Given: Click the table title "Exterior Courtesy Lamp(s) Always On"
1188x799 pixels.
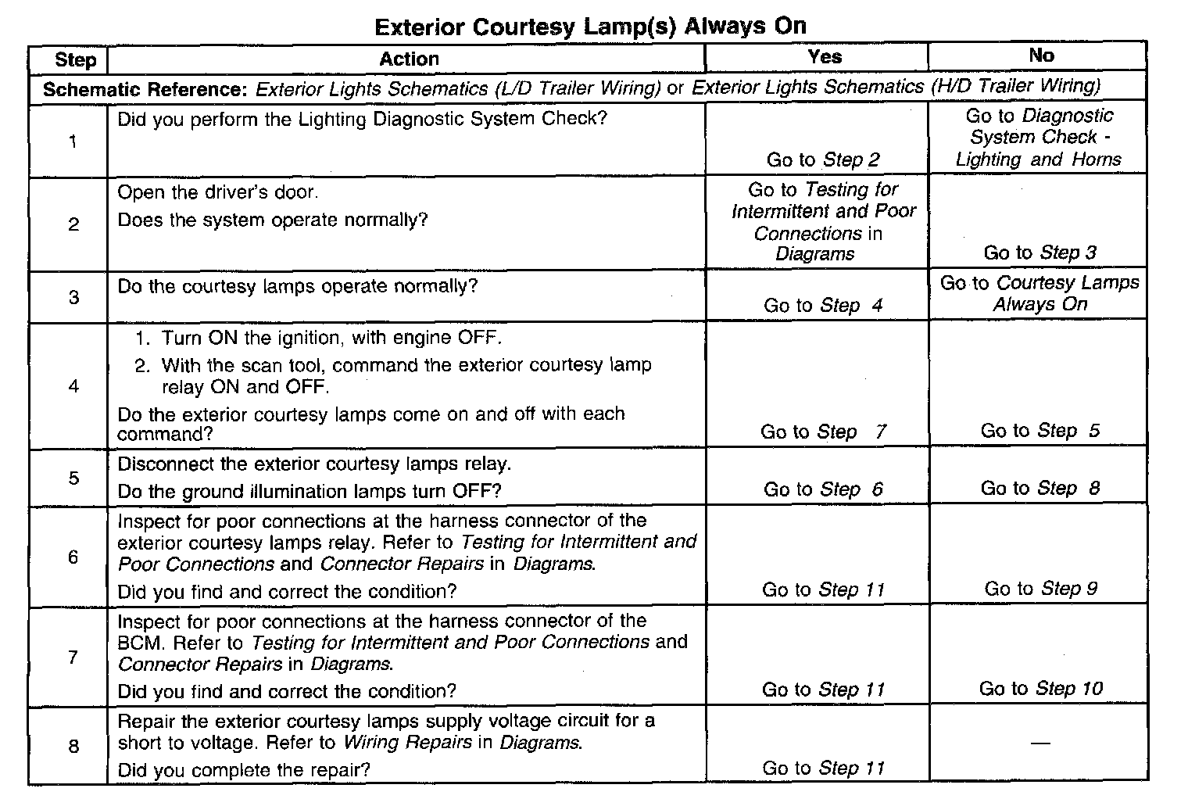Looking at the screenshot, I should click(590, 27).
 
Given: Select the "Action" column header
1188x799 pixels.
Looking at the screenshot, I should click(409, 59).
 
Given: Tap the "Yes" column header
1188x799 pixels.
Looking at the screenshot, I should click(825, 56).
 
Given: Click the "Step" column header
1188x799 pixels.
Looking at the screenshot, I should click(75, 60).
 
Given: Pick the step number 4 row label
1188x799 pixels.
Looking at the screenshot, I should click(73, 386).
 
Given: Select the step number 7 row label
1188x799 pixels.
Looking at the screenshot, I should click(73, 657).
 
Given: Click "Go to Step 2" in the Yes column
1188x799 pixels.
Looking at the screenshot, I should click(823, 160).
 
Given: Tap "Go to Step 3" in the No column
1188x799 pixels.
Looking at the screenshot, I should click(1039, 253).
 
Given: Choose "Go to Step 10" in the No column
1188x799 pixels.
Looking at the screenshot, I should click(1040, 689).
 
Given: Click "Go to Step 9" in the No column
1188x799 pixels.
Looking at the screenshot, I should click(1040, 589).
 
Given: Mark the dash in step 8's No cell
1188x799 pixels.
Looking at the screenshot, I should click(1040, 743).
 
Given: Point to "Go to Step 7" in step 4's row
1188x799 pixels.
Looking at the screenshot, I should click(823, 432).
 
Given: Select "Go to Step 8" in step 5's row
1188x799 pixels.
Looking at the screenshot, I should click(1040, 489).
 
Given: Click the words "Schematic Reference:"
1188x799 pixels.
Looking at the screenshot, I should click(145, 89).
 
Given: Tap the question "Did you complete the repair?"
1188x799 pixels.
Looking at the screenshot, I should click(243, 770).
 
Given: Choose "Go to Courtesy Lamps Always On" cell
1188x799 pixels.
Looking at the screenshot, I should click(1039, 293).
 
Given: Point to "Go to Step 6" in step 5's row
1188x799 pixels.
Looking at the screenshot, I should click(823, 489).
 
